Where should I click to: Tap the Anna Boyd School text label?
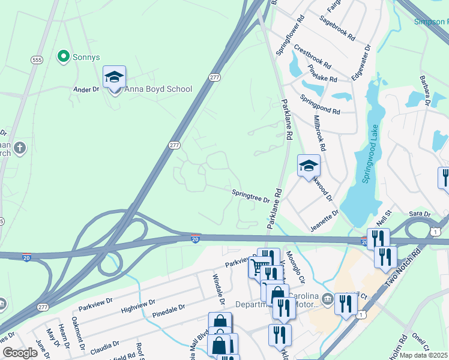click(158, 89)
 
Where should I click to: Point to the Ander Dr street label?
click(86, 89)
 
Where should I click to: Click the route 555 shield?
click(37, 60)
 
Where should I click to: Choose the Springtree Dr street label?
click(250, 196)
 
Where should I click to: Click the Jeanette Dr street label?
click(325, 220)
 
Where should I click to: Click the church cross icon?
click(20, 148)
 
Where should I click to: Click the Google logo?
click(20, 352)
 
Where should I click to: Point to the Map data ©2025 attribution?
click(424, 355)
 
